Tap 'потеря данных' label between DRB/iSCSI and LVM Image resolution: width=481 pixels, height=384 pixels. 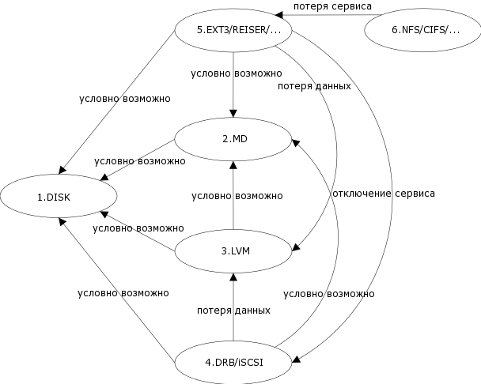pyautogui.click(x=233, y=310)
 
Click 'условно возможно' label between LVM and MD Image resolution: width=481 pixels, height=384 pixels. pyautogui.click(x=237, y=195)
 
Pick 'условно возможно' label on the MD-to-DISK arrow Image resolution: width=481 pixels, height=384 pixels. pyautogui.click(x=139, y=160)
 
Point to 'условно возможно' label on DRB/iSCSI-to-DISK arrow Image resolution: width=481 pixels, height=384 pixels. pyautogui.click(x=123, y=292)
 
